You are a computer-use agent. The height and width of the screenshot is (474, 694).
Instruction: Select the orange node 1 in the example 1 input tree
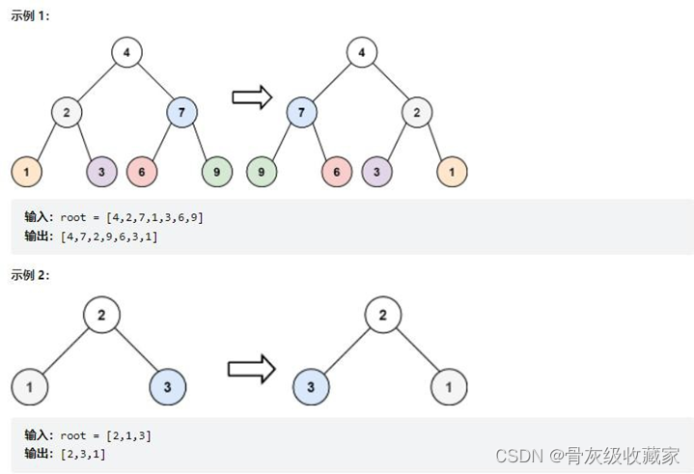pyautogui.click(x=26, y=172)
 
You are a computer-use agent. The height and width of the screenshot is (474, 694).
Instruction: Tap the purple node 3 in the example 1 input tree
pyautogui.click(x=101, y=172)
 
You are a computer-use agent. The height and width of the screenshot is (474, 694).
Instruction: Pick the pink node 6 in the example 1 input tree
pyautogui.click(x=142, y=172)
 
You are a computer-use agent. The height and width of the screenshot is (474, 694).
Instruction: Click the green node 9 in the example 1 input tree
pyautogui.click(x=217, y=172)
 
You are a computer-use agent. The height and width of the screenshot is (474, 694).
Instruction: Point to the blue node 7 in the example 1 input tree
pyautogui.click(x=181, y=112)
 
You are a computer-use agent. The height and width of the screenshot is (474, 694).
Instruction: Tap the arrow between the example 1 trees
pyautogui.click(x=252, y=97)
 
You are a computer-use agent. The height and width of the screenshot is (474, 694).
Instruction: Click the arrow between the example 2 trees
pyautogui.click(x=251, y=369)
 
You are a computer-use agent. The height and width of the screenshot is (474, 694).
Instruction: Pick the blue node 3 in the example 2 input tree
pyautogui.click(x=168, y=388)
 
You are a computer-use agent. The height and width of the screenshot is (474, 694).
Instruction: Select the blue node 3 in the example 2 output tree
pyautogui.click(x=311, y=388)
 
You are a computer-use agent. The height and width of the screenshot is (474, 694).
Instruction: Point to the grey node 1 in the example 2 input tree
pyautogui.click(x=30, y=388)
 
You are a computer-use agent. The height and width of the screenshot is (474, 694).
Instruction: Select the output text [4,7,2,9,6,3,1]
pyautogui.click(x=108, y=237)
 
